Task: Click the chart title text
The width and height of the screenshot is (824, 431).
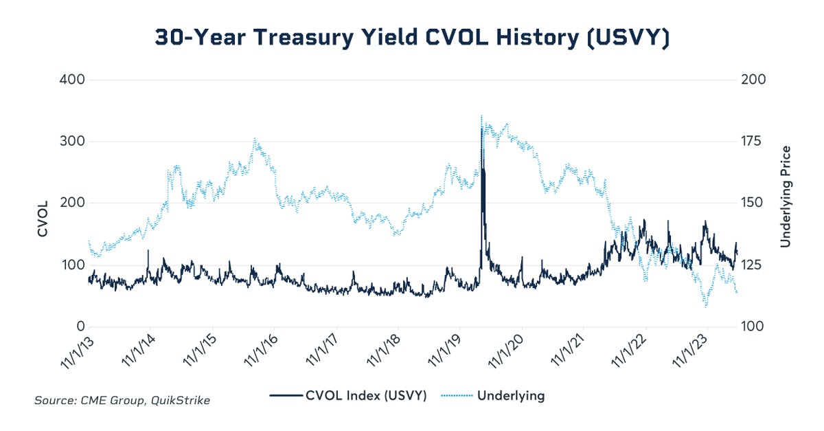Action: coord(411,38)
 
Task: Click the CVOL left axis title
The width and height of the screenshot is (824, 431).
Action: coord(43,219)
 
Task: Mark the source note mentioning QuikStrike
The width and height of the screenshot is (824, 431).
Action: coord(122,400)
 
